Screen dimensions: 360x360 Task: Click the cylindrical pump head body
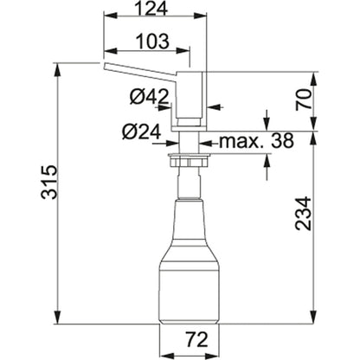(x=189, y=95)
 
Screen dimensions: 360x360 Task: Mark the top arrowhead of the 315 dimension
(x=55, y=67)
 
